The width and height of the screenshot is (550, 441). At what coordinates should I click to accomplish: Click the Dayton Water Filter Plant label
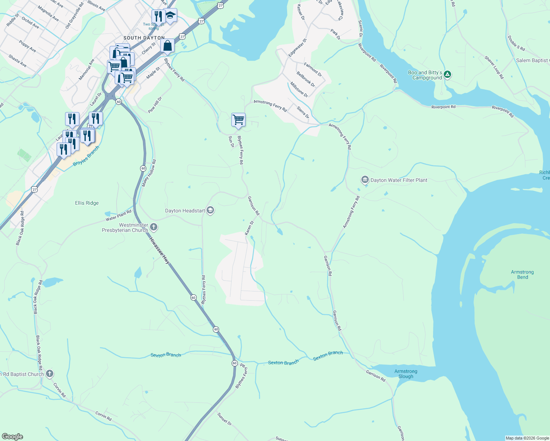point(399,180)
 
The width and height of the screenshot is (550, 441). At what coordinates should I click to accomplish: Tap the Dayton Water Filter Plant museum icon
point(365,180)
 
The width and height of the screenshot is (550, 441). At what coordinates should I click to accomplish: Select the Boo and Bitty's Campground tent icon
point(447,75)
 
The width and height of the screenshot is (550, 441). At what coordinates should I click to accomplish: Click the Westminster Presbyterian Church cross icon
point(154,227)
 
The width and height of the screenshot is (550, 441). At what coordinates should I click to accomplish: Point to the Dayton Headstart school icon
point(210,210)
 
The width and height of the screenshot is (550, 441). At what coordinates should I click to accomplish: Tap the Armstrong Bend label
point(522,275)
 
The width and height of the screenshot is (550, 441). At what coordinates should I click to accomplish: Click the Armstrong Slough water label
point(406,374)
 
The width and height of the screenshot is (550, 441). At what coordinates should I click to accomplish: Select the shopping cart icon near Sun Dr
point(238,119)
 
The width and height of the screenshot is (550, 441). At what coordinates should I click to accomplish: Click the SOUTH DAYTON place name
point(144,38)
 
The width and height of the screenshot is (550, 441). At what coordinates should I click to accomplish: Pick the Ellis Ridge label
point(87,203)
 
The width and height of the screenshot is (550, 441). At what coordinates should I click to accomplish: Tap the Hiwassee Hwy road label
point(160,251)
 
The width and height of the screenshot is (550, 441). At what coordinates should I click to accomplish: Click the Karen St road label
point(249,228)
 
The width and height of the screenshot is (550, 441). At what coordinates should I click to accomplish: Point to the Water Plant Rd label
point(118,216)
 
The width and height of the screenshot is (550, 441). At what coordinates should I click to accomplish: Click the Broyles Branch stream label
point(86,156)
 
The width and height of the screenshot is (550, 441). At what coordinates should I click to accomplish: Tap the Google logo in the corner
point(12,437)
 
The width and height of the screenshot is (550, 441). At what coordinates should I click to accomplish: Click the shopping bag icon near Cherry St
point(167,46)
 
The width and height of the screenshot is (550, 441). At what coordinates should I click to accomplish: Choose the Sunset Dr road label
point(224,419)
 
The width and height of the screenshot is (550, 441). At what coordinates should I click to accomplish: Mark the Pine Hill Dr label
point(155,105)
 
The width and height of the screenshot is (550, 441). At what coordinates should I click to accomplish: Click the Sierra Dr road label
point(303,112)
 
